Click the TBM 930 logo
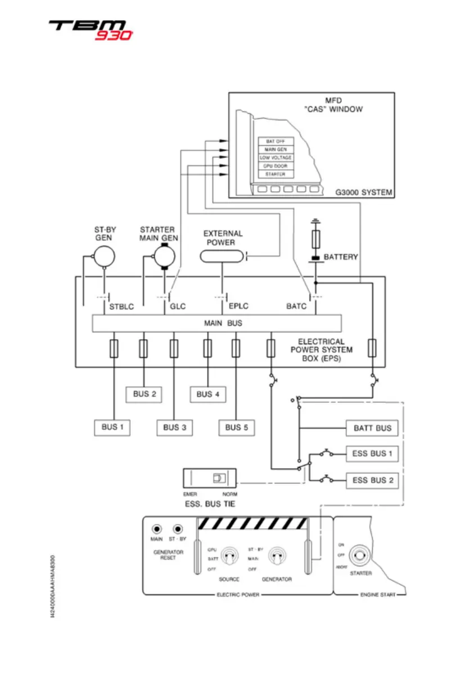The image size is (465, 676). coord(90,29)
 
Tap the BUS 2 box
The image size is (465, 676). coord(145,394)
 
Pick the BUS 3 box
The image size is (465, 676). coord(175,427)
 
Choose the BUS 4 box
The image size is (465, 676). coord(208,394)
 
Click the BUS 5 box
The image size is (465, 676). coord(237,427)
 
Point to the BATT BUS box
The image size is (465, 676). coord(372,428)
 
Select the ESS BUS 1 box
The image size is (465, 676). coord(372,453)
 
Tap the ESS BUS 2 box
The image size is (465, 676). coord(372,480)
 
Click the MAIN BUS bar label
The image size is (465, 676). coord(216,323)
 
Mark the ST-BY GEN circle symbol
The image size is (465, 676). coord(103,256)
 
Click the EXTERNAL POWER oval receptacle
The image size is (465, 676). coord(223,256)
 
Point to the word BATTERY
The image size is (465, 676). coord(341,257)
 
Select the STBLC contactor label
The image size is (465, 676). coord(121,307)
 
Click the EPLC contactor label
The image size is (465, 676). coord(238,307)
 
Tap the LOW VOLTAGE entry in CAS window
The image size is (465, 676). coord(276,157)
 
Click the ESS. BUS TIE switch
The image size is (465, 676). coord(216,479)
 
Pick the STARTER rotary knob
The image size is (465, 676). coord(360,557)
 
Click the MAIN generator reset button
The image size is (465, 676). coord(157,529)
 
